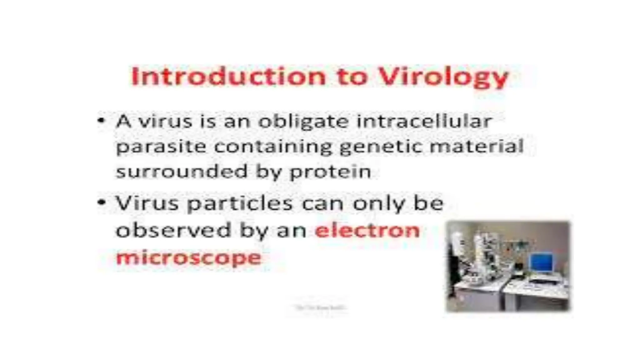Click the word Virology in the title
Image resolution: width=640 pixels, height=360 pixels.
click(x=444, y=77)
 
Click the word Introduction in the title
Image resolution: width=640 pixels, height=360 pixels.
click(x=228, y=77)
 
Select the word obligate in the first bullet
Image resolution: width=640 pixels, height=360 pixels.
click(x=303, y=122)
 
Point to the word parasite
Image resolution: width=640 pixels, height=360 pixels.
click(x=161, y=147)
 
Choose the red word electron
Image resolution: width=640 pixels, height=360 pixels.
click(x=367, y=231)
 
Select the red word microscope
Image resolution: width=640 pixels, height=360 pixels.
click(x=188, y=258)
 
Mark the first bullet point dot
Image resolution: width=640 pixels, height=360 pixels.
click(x=101, y=120)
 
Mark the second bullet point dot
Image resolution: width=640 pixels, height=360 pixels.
click(x=101, y=202)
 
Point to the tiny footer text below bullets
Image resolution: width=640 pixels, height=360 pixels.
click(x=320, y=307)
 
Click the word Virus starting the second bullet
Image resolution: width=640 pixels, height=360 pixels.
click(x=147, y=203)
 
